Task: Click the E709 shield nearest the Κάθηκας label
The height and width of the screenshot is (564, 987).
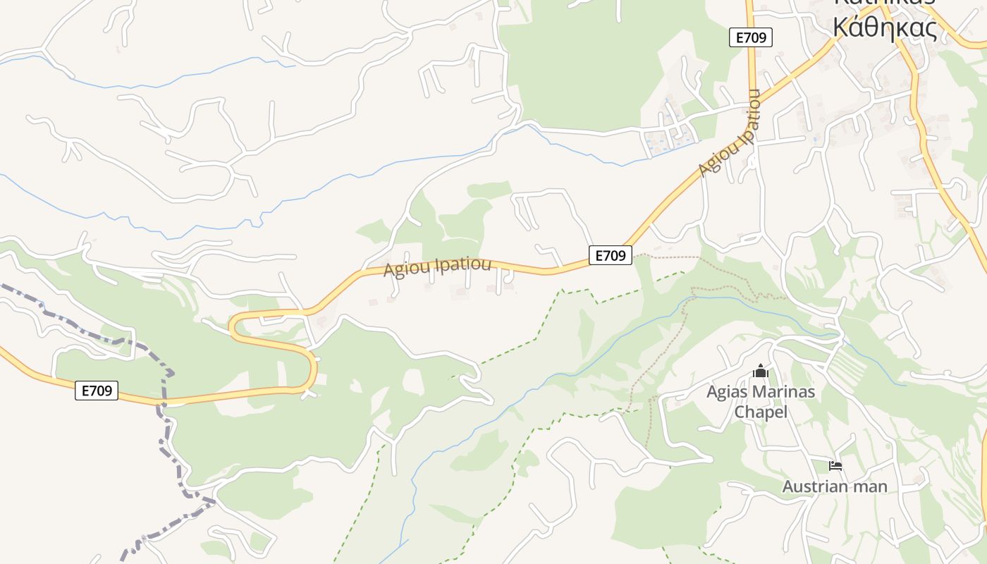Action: point(751,37)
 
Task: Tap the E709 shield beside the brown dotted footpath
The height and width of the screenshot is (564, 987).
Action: point(610,255)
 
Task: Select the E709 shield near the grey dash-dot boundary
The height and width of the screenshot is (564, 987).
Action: point(97,391)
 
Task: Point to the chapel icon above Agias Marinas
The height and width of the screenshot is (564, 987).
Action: point(761,371)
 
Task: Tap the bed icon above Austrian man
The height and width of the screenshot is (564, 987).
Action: point(835,466)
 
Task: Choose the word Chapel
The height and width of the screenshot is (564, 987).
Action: point(761,412)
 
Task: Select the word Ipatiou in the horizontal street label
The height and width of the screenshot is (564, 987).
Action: point(462,265)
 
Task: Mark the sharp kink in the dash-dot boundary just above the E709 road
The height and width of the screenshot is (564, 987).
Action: point(171,372)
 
